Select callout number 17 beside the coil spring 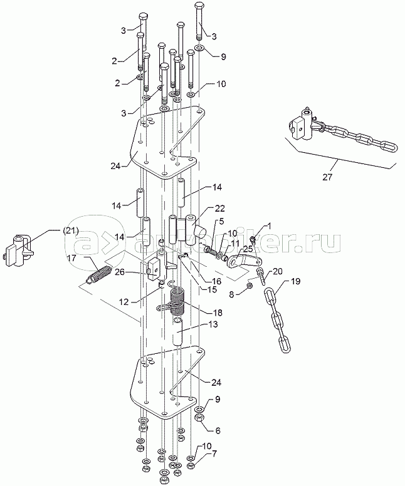point(71,257)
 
